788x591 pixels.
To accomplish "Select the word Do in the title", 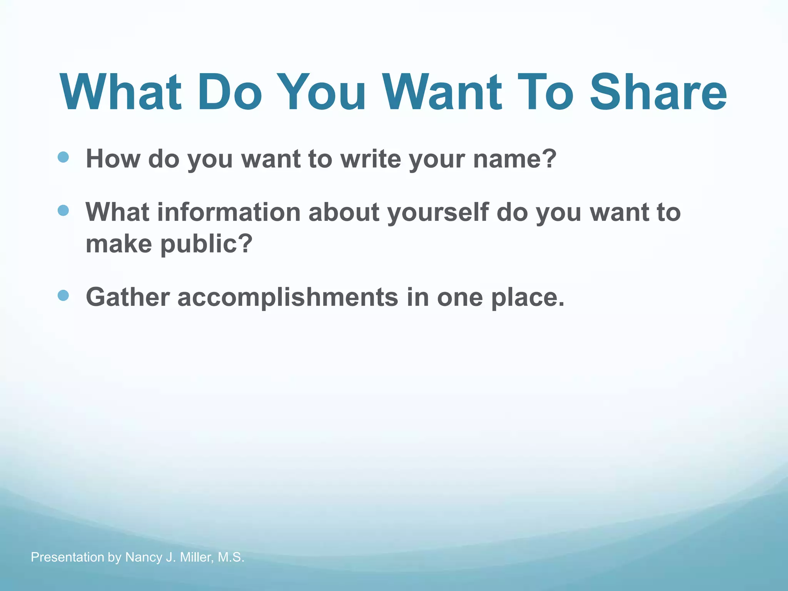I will [230, 92].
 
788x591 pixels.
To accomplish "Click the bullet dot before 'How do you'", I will [63, 157].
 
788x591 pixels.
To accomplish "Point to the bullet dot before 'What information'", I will [63, 210].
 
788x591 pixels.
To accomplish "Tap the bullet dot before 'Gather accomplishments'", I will [63, 295].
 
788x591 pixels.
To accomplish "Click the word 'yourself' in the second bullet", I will [438, 212].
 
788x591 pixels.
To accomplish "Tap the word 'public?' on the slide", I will [206, 244].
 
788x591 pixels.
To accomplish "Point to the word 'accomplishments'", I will [288, 297].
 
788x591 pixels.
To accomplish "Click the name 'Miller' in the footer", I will [196, 557].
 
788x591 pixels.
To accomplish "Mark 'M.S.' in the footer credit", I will [231, 557].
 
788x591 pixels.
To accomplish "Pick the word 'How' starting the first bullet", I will [113, 159].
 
